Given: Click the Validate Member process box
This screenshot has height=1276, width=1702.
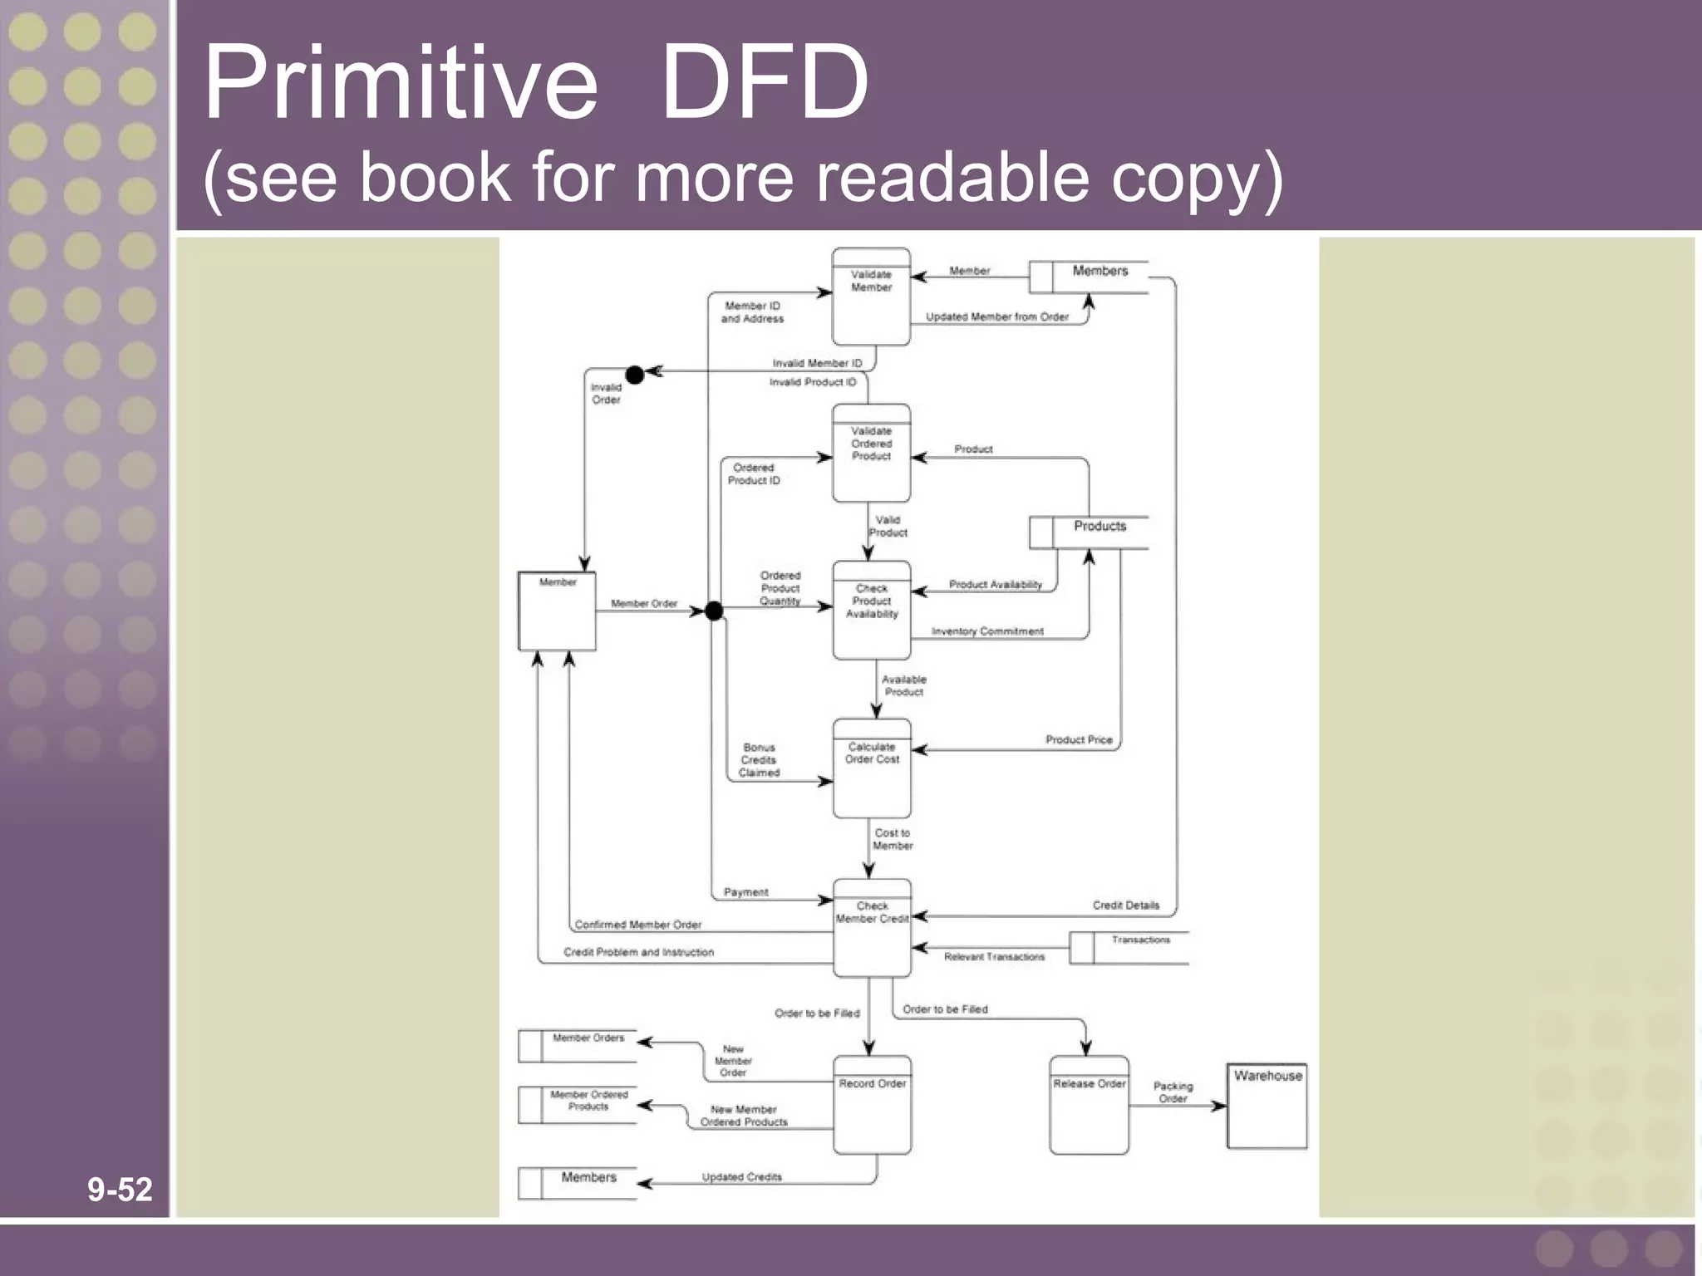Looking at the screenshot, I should pyautogui.click(x=871, y=297).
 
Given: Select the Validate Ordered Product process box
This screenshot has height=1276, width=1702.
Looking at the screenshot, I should pyautogui.click(x=871, y=454).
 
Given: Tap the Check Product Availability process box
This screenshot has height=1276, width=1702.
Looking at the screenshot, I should pyautogui.click(x=872, y=611).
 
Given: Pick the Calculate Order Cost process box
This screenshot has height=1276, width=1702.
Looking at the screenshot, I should pyautogui.click(x=872, y=768).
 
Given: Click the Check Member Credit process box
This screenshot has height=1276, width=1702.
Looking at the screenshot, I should pyautogui.click(x=872, y=928).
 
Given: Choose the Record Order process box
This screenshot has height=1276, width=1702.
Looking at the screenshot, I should pyautogui.click(x=872, y=1106).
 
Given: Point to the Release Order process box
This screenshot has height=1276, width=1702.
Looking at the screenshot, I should pyautogui.click(x=1089, y=1106).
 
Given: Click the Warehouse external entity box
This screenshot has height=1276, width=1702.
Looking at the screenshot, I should pyautogui.click(x=1267, y=1106).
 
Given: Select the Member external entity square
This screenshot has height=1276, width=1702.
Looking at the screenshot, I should pyautogui.click(x=557, y=611).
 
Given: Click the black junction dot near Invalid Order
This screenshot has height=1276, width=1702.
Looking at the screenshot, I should pyautogui.click(x=634, y=375).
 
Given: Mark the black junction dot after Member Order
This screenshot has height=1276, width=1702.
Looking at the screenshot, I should pyautogui.click(x=714, y=611).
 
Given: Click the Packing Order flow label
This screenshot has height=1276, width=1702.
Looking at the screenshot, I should pyautogui.click(x=1173, y=1092).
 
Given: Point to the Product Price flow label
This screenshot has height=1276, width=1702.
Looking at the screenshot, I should pyautogui.click(x=1078, y=739).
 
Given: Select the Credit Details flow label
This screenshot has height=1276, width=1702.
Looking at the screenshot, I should pyautogui.click(x=1125, y=905).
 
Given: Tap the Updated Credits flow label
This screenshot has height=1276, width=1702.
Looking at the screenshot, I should pyautogui.click(x=741, y=1176).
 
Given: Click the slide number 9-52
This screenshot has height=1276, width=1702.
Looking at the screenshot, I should pyautogui.click(x=120, y=1190).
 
